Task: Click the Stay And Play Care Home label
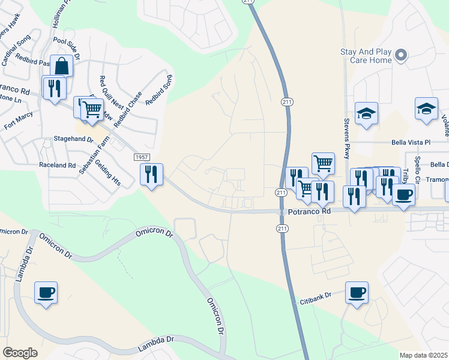366,56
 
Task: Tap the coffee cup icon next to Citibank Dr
357,293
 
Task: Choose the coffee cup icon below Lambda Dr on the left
46,293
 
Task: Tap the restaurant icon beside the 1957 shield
151,175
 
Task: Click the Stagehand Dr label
74,138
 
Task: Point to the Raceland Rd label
57,164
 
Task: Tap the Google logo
20,352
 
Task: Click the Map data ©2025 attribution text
423,355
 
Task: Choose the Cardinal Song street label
16,51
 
